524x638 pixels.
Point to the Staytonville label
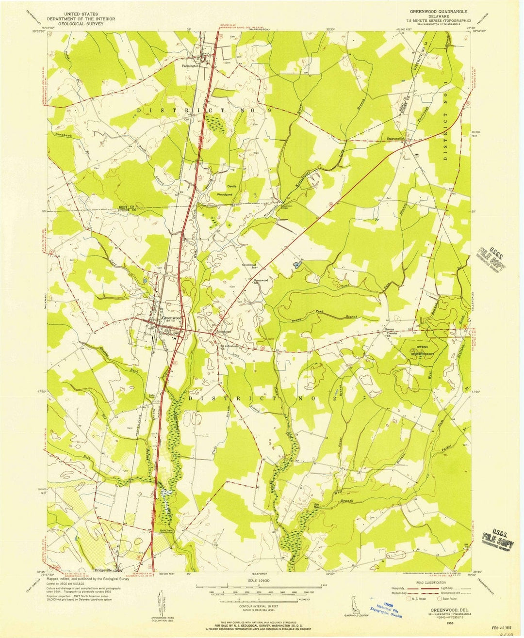pyautogui.click(x=395, y=139)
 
